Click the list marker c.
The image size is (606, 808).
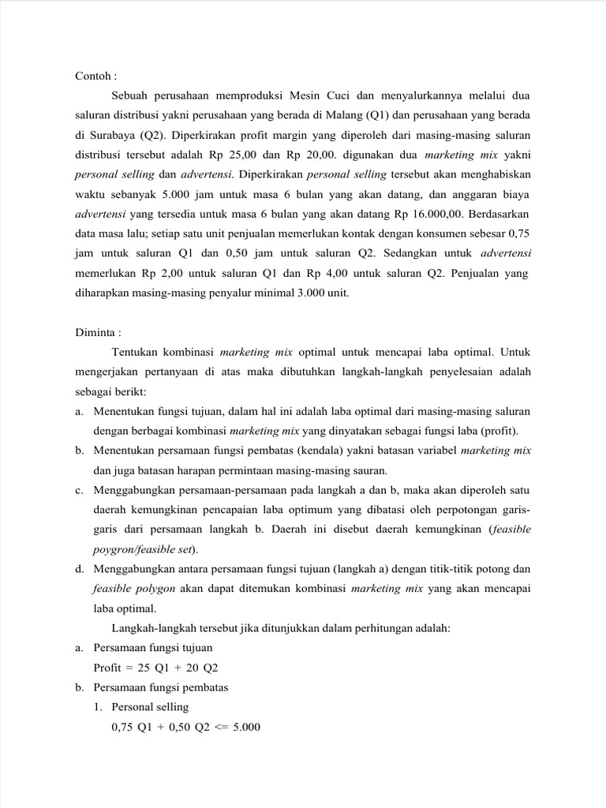(x=80, y=491)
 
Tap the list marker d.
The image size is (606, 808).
(x=80, y=568)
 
